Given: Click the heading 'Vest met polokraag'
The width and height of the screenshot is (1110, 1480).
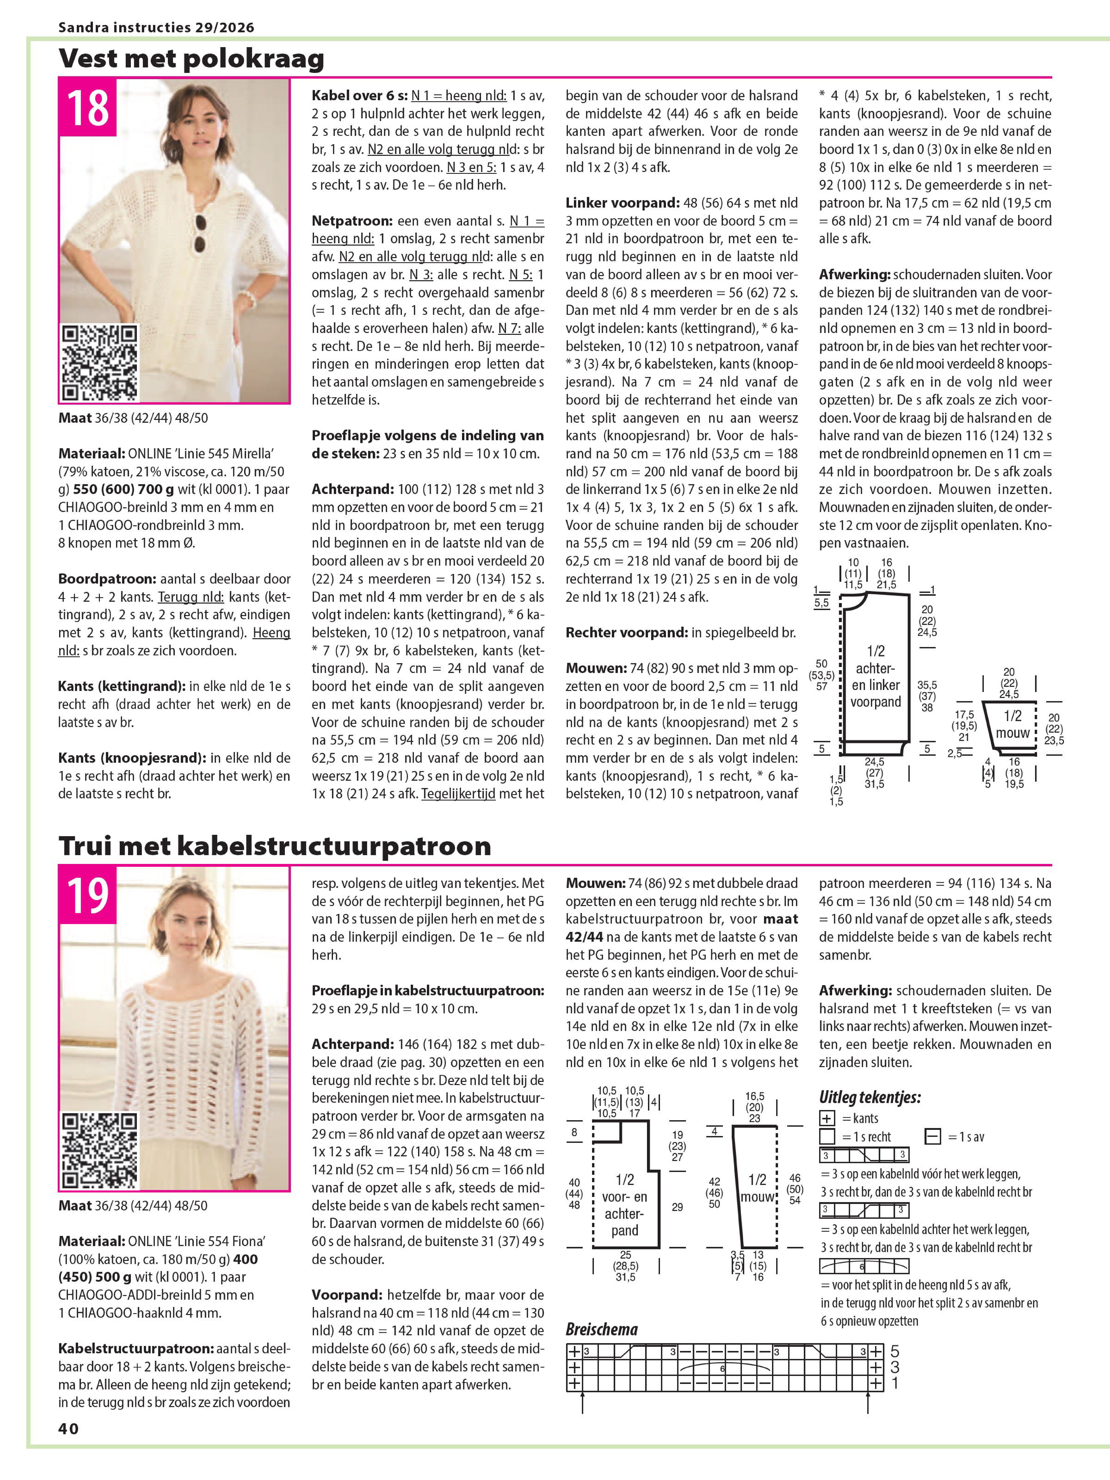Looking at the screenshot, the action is (191, 58).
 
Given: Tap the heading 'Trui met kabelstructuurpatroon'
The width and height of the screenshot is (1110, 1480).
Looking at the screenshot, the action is (274, 846).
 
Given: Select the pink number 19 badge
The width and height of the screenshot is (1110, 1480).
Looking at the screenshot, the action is (88, 895).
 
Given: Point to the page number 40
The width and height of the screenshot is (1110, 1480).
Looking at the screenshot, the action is (68, 1429).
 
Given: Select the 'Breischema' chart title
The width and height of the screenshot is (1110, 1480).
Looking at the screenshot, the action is (602, 1328).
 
